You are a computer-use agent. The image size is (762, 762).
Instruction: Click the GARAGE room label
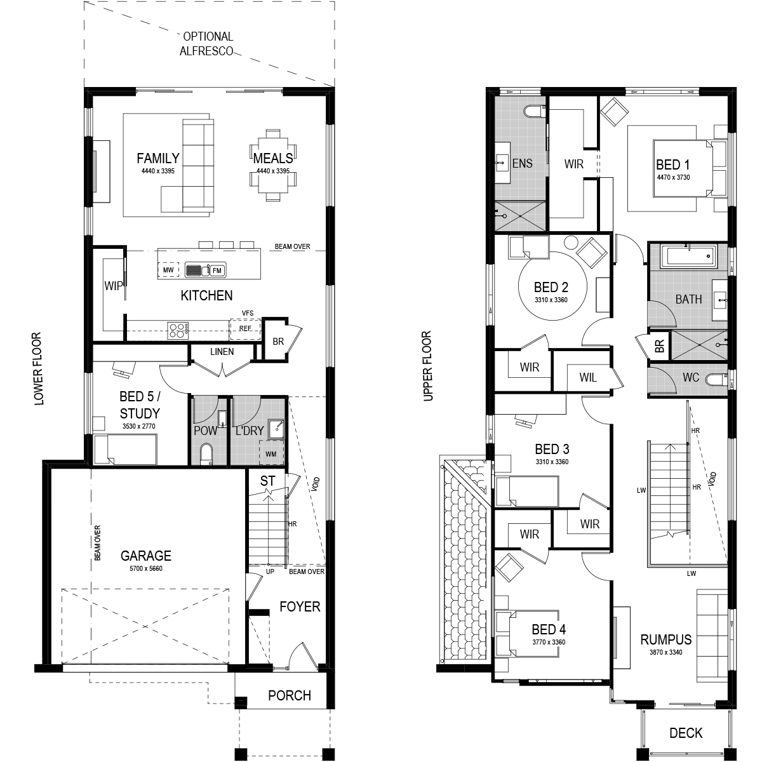pos(145,556)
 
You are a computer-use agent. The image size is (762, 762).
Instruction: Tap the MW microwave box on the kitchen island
pos(168,270)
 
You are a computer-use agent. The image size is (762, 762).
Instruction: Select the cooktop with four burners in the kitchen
pos(178,330)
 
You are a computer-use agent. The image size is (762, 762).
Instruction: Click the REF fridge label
pos(245,328)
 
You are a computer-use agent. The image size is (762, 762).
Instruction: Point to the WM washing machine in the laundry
pos(271,453)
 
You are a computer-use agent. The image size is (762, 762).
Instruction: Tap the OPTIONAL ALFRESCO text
pos(207,44)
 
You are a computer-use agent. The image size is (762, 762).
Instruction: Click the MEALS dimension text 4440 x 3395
pos(273,171)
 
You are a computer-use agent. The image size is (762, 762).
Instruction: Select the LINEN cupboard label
pos(222,352)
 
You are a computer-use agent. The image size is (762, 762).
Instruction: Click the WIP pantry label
pos(114,286)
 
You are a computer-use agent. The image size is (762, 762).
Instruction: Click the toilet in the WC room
pos(717,380)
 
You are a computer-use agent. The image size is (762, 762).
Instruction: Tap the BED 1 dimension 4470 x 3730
pos(673,178)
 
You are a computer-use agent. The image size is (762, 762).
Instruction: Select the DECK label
pos(686,733)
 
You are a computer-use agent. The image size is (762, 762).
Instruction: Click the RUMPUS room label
pos(666,640)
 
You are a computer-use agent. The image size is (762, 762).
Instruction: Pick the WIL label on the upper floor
pos(588,378)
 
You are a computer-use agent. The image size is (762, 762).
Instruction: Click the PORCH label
pos(290,695)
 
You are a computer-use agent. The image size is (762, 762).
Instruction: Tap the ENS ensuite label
pos(522,163)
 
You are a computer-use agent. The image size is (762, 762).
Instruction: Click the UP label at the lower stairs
pos(270,571)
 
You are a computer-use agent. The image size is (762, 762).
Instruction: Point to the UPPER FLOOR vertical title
pos(427,366)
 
